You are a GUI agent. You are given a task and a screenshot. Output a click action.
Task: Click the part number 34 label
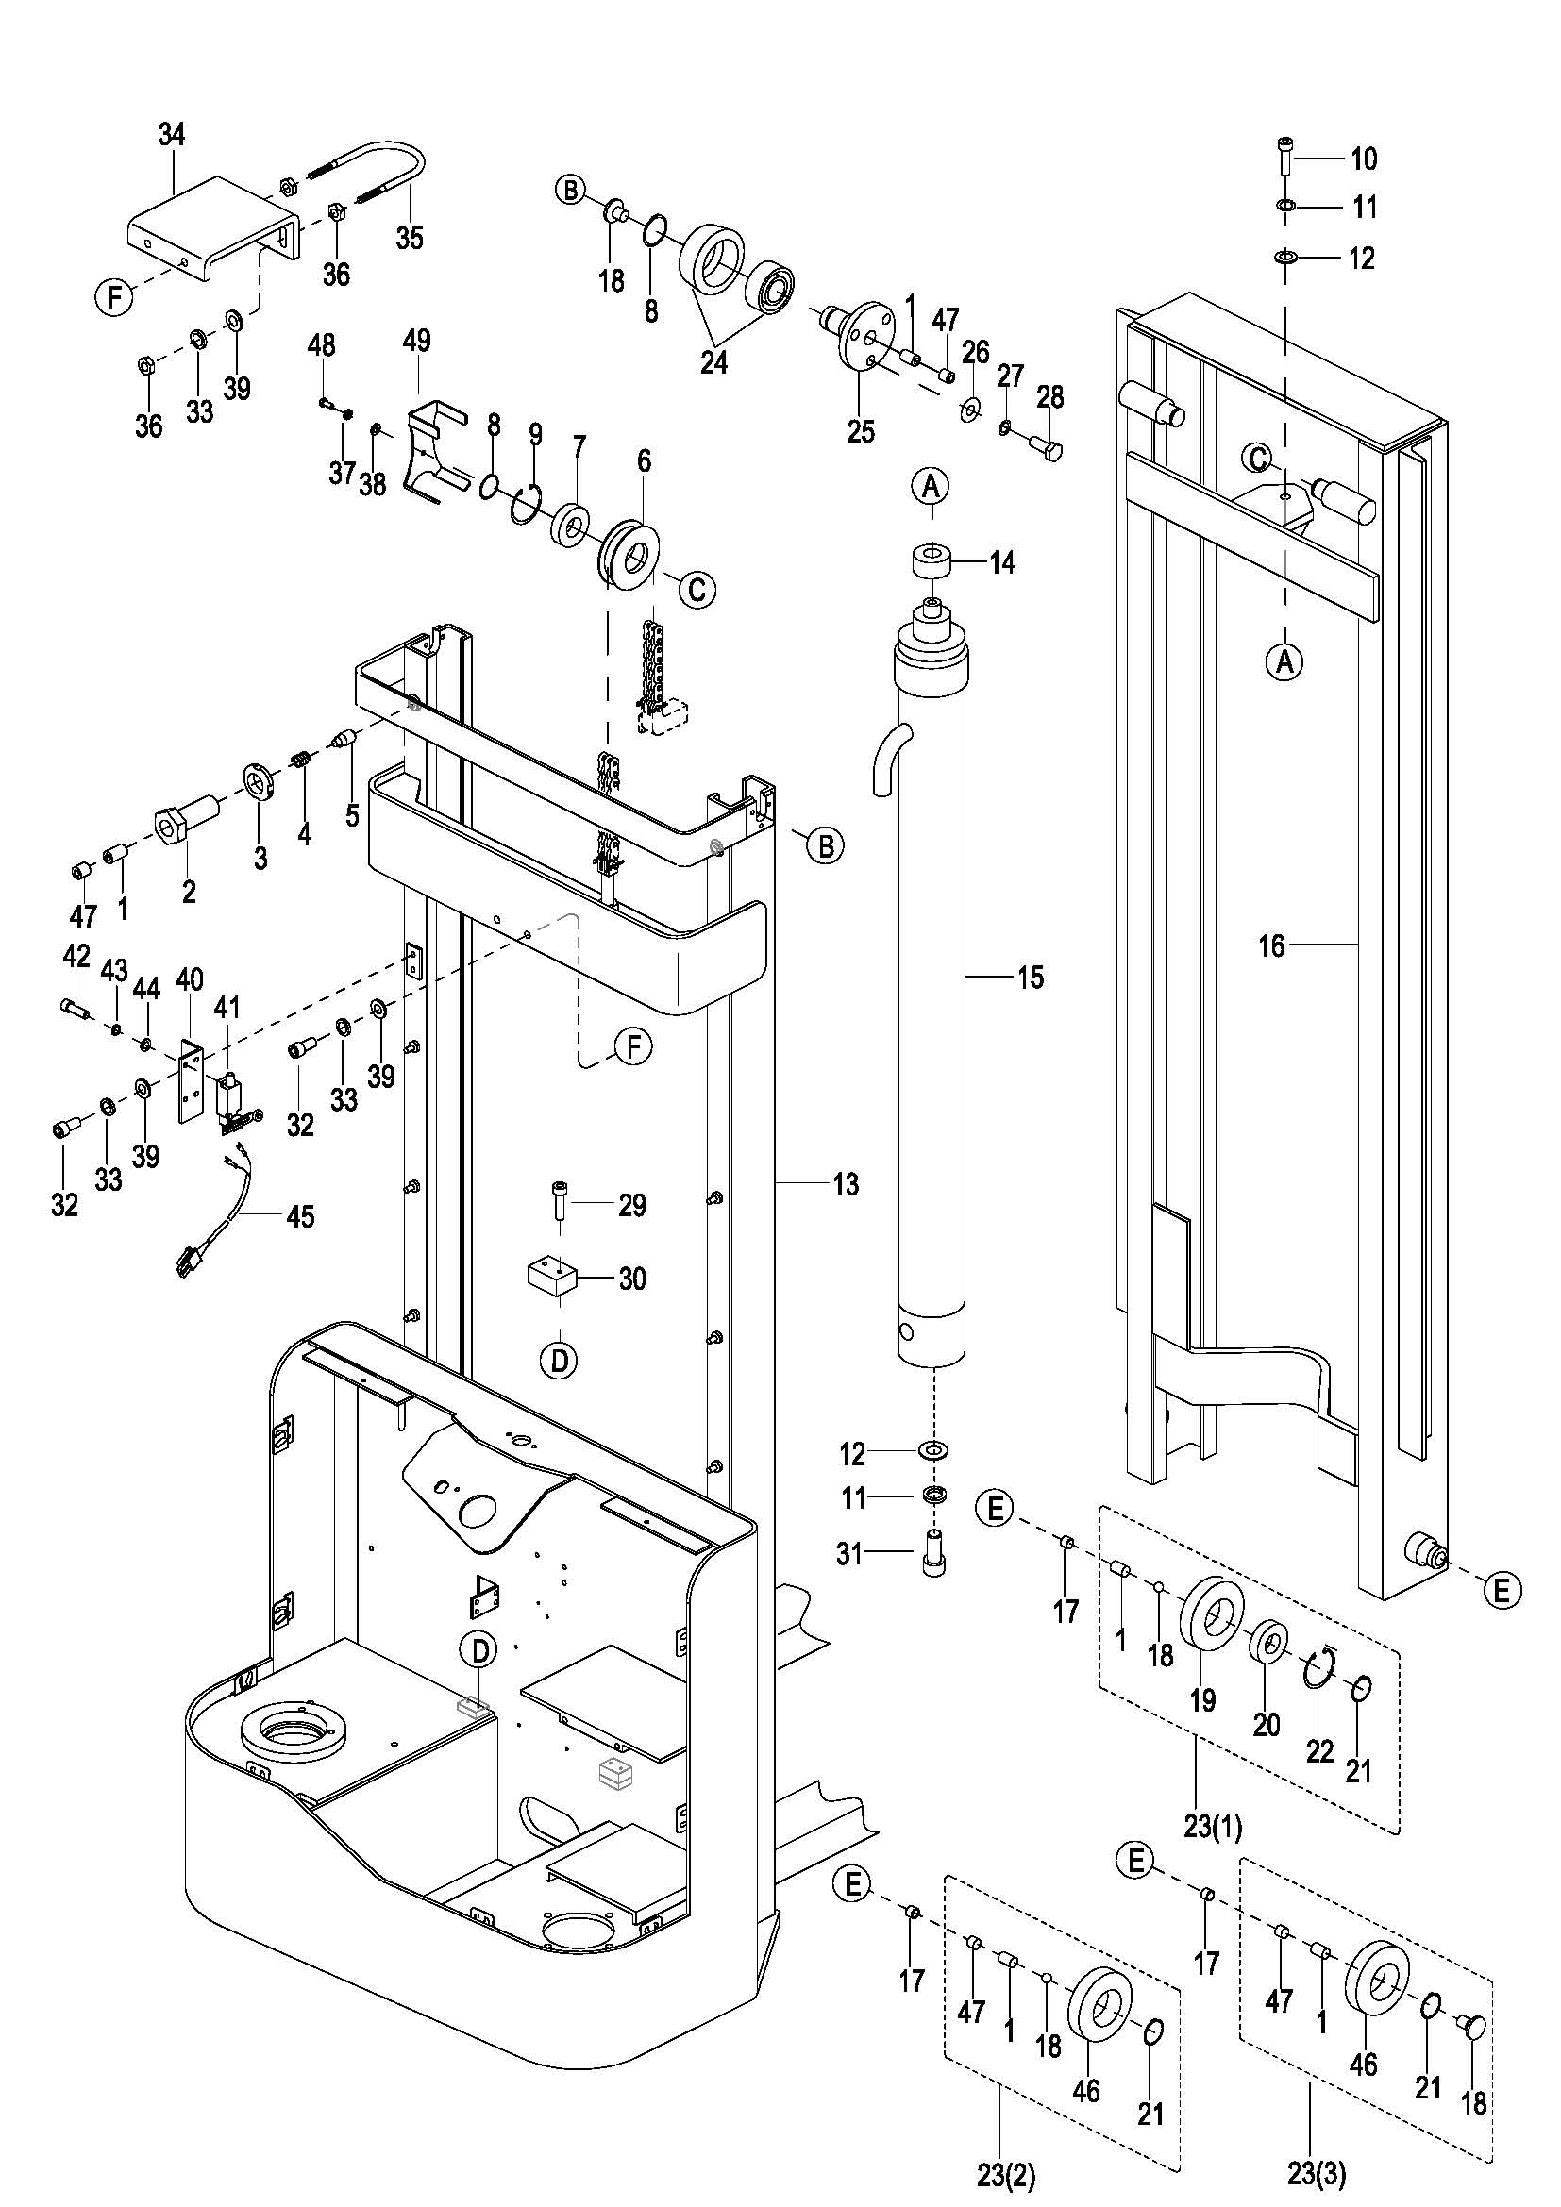(x=171, y=136)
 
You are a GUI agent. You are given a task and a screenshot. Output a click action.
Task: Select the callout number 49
(x=416, y=342)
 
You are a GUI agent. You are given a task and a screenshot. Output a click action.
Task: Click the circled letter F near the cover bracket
(x=114, y=298)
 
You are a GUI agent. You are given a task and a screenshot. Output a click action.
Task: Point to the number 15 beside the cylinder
(x=1031, y=978)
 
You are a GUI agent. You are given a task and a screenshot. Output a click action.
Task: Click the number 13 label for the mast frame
(x=846, y=1184)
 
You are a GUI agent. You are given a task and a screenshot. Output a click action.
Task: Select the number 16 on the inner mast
(x=1271, y=946)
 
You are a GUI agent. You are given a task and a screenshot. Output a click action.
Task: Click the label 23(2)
(x=1005, y=2173)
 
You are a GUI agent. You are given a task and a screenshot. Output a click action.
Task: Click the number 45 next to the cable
(x=301, y=1217)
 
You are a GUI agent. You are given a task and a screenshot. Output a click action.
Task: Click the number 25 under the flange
(x=861, y=431)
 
